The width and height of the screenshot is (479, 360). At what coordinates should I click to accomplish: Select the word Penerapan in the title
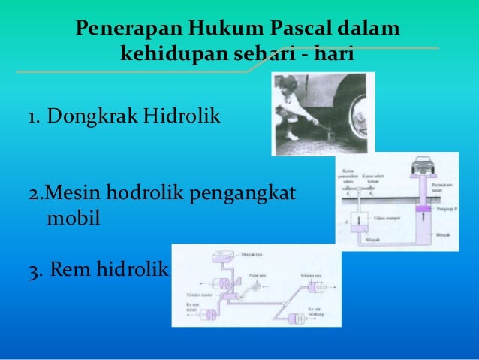pos(126,30)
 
